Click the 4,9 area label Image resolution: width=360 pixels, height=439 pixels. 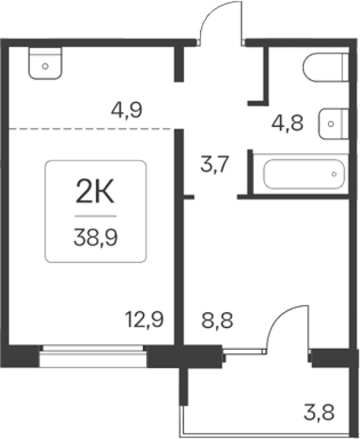(127, 110)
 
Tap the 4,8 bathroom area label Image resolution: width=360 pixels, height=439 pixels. (288, 123)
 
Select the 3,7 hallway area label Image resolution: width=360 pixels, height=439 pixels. (215, 164)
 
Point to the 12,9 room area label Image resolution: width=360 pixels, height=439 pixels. (144, 319)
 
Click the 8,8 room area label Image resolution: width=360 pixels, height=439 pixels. (217, 320)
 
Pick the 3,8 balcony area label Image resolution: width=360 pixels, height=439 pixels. (319, 412)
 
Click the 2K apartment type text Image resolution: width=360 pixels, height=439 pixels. (95, 192)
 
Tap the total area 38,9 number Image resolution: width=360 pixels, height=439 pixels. (95, 237)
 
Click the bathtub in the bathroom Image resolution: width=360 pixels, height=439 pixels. (304, 174)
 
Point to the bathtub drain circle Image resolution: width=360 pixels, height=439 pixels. (334, 174)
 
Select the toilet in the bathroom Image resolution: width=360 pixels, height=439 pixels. (325, 67)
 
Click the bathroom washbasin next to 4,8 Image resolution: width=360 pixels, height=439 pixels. (333, 124)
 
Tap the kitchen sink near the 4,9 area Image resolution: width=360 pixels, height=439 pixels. (45, 63)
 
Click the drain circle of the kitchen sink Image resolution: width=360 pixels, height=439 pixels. (45, 67)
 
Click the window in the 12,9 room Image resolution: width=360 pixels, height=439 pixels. (93, 356)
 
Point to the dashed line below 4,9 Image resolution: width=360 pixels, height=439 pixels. (92, 129)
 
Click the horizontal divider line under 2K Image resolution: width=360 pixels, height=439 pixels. (95, 216)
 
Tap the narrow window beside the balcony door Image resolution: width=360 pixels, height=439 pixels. (244, 351)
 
